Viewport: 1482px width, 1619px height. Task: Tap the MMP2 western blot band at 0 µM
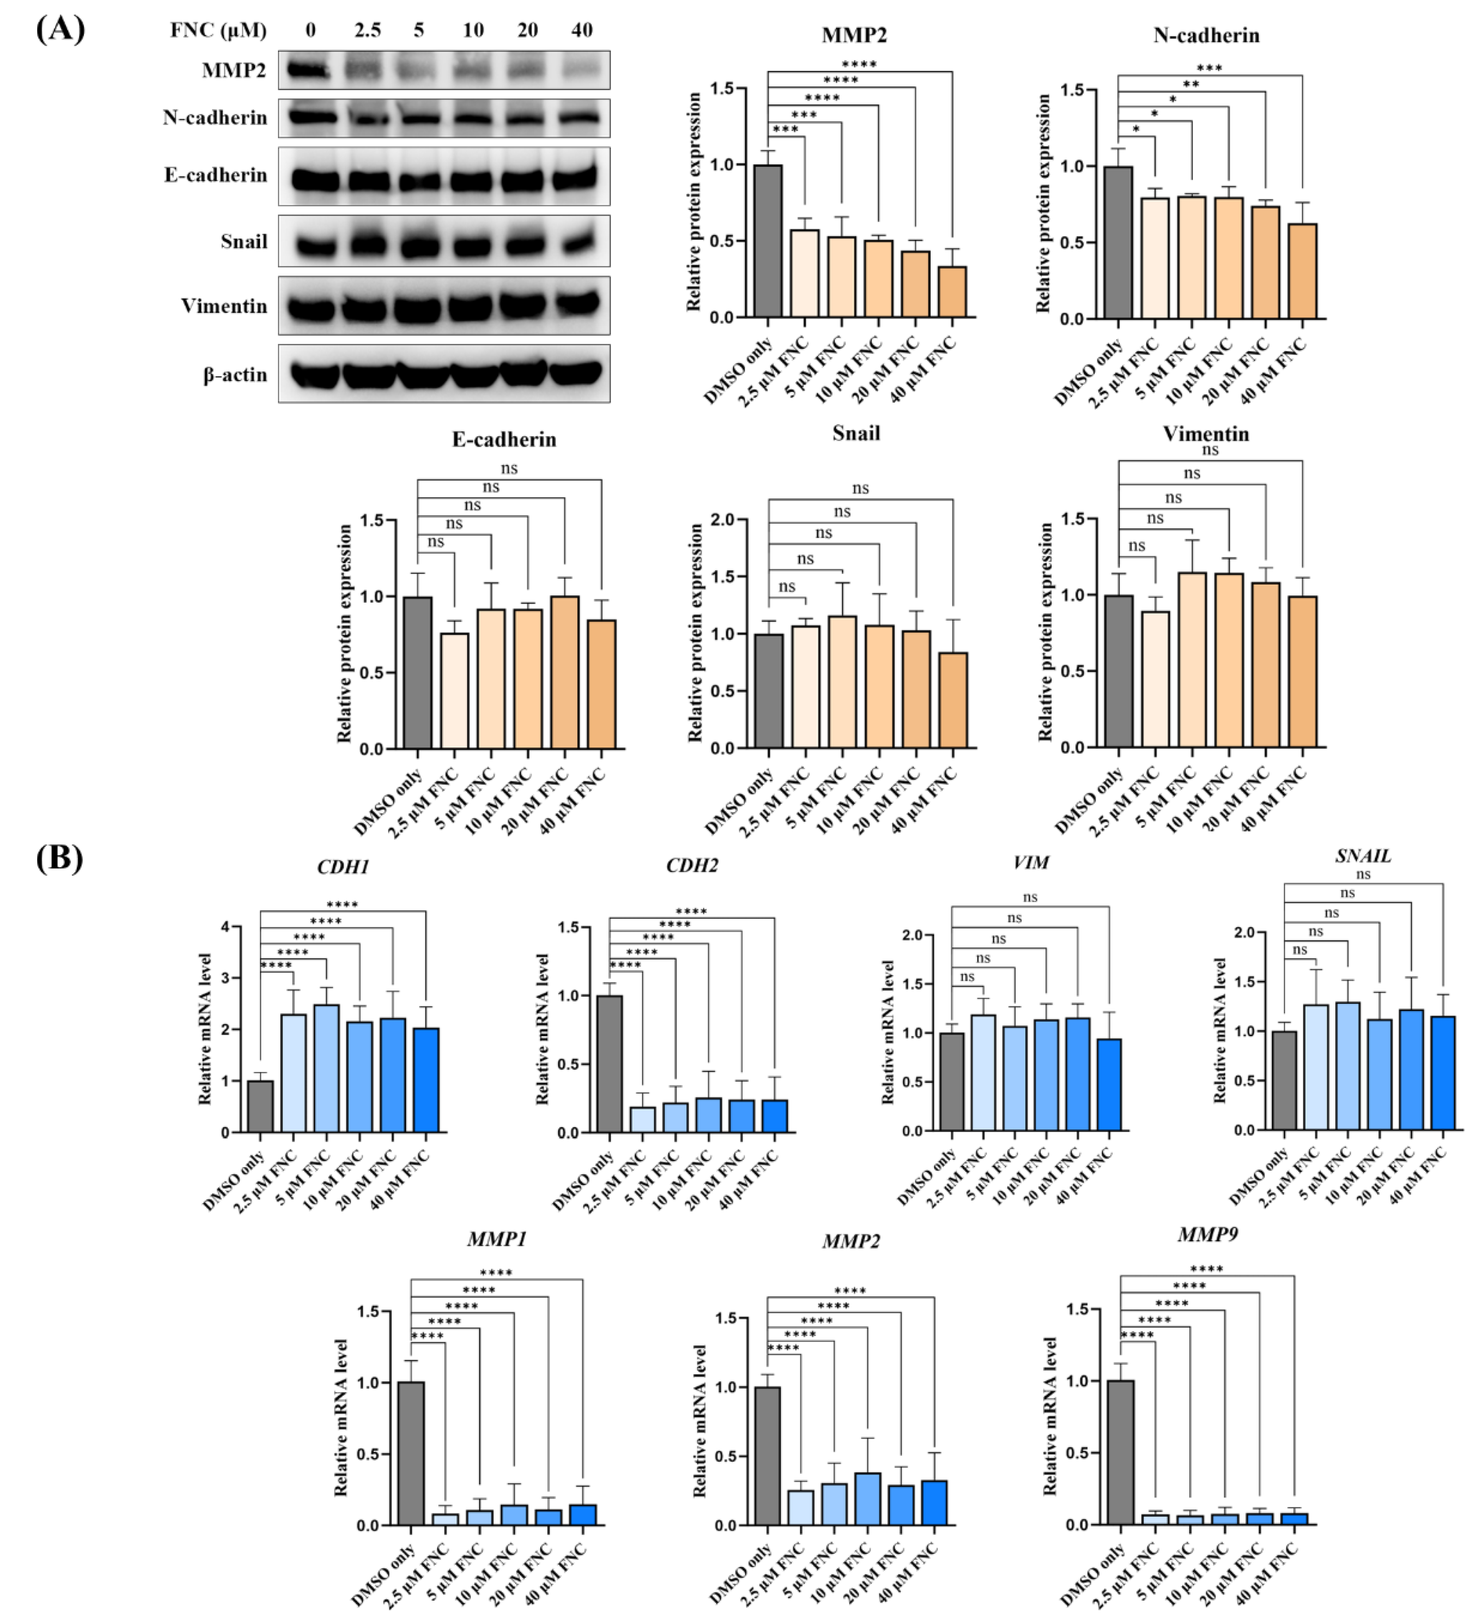point(309,70)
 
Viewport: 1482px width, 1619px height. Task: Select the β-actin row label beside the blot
point(234,374)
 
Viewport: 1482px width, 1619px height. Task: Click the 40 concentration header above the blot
point(581,30)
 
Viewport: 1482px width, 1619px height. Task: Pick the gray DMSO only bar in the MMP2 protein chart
point(768,241)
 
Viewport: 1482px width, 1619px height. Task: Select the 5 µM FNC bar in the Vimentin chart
point(1192,660)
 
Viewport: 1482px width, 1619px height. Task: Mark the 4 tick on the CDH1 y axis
point(225,927)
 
